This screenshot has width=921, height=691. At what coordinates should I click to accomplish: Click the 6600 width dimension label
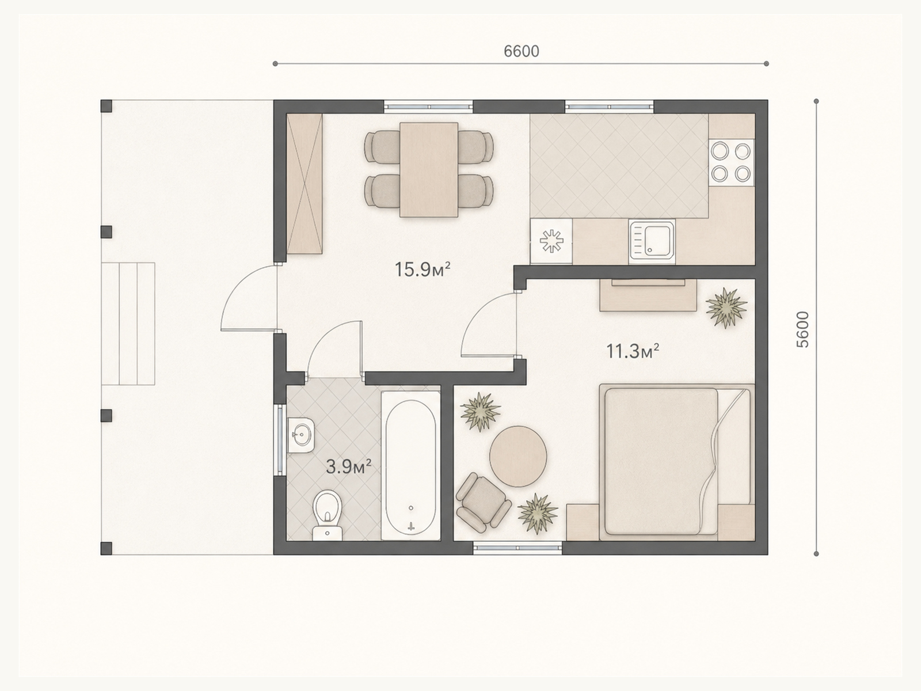point(521,51)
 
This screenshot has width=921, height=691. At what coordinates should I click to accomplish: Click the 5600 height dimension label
point(802,329)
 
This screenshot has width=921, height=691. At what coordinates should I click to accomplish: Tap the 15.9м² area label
point(423,269)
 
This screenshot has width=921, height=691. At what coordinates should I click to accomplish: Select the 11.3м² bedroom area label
point(632,351)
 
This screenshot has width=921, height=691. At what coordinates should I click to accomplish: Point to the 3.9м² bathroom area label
point(349,466)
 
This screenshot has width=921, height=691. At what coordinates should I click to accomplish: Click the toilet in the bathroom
point(328,515)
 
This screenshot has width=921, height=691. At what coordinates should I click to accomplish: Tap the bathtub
point(411,466)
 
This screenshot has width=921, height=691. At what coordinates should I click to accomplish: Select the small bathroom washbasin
point(300,435)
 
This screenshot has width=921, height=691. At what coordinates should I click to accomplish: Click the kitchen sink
point(652,242)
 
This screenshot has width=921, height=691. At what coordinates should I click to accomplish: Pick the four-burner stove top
point(731,163)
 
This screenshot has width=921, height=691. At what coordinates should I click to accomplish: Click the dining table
point(428,170)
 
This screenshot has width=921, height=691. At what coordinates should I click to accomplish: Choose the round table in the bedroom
point(518,457)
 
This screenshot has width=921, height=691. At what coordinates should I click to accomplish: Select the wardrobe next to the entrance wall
point(304,183)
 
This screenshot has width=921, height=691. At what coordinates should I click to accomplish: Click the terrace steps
point(128,324)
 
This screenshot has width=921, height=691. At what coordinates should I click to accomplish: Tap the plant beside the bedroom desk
point(726,307)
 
